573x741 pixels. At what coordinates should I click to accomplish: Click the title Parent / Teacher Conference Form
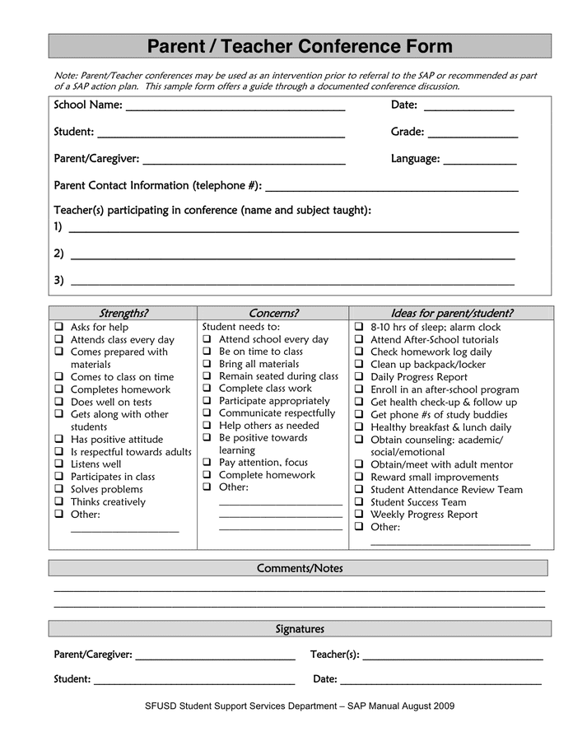(x=300, y=46)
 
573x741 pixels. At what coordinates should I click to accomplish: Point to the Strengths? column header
(x=123, y=313)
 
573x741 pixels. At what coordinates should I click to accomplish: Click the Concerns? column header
(x=273, y=313)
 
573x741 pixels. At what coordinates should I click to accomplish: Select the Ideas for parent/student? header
(x=451, y=313)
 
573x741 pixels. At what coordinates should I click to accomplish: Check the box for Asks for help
(x=59, y=327)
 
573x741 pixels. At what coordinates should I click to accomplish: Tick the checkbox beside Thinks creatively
(x=59, y=501)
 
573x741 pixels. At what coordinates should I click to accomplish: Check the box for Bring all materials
(x=207, y=364)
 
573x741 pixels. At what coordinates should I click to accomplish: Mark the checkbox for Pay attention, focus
(x=207, y=463)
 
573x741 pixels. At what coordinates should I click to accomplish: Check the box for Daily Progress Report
(x=359, y=377)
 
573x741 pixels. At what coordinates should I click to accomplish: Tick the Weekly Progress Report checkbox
(x=359, y=515)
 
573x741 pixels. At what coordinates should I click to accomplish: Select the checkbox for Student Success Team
(x=359, y=502)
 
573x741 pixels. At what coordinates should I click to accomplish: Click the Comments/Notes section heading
(x=300, y=568)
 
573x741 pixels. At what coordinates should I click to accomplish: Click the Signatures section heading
(x=300, y=629)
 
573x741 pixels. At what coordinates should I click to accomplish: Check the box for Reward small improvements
(x=359, y=477)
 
